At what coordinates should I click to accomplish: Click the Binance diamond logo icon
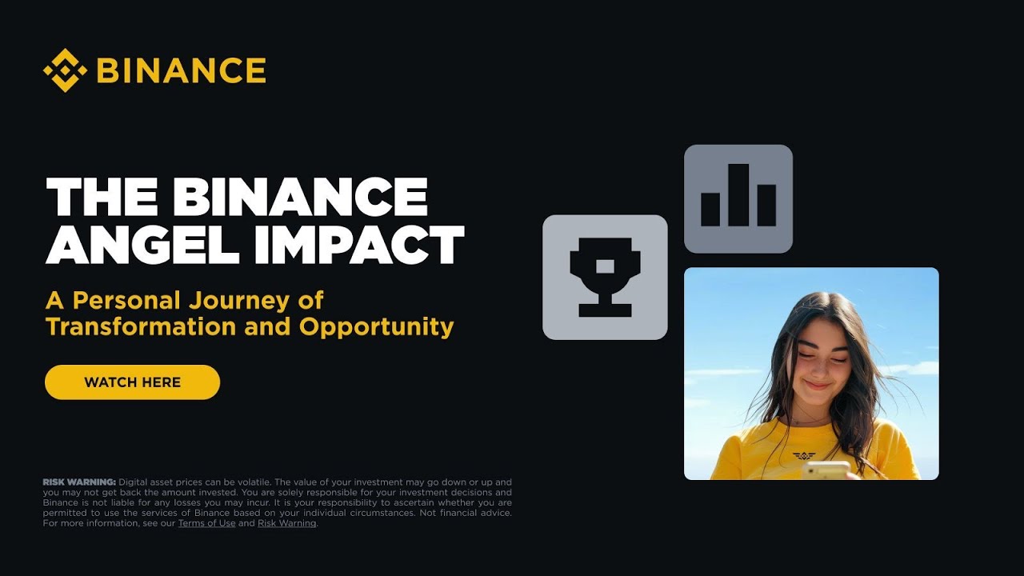pos(65,70)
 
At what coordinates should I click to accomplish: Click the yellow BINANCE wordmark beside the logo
pos(181,70)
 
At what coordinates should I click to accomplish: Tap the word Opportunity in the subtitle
pos(376,326)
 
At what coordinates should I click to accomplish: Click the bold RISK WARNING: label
pos(79,482)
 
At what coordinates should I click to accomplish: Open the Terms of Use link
pos(206,523)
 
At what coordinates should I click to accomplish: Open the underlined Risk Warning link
pos(286,523)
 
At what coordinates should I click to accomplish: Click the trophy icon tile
pos(605,278)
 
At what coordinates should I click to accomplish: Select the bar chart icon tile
pos(738,198)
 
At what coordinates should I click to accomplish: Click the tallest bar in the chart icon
pos(738,195)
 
